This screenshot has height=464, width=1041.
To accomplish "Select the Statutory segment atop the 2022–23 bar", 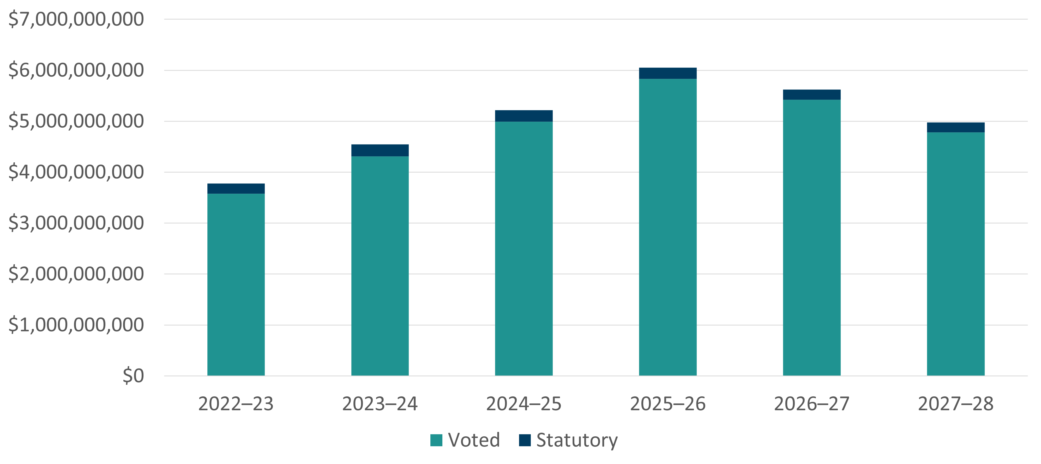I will [236, 189].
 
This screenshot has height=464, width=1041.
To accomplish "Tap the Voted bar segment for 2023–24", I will [380, 266].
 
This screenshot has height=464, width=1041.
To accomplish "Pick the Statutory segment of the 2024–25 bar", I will [524, 116].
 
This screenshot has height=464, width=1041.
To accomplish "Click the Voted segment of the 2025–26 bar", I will [667, 227].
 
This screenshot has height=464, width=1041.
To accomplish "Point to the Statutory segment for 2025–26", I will [667, 73].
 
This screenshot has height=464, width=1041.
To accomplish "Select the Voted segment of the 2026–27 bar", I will [812, 238].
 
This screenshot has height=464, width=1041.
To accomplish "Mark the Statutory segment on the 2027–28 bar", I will [956, 127].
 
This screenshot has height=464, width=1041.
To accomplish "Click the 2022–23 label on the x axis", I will [236, 404].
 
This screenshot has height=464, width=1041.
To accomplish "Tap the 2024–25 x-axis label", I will [524, 404].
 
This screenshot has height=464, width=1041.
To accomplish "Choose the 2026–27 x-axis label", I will [812, 404].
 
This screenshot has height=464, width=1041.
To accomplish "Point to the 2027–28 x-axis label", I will [956, 404].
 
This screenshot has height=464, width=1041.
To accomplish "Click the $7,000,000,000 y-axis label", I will [76, 19].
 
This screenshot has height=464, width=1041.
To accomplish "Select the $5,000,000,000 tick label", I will [76, 121].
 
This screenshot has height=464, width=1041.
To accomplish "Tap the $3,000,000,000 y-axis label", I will [76, 223].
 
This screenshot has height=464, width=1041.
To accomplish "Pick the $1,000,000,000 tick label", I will [76, 325].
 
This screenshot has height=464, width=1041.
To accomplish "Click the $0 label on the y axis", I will [133, 376].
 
